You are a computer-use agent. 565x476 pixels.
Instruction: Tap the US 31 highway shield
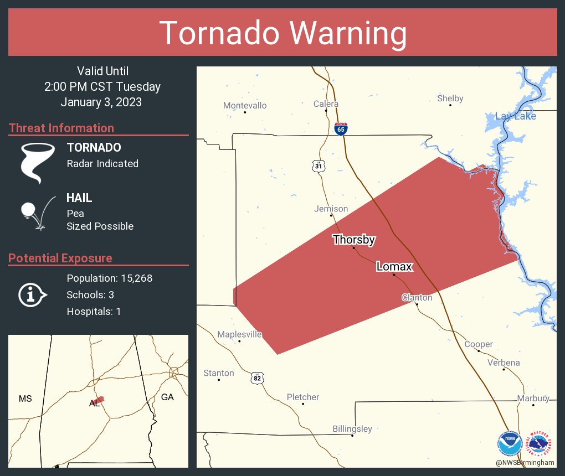[x=317, y=165]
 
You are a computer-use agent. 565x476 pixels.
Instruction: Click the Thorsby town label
[x=354, y=240]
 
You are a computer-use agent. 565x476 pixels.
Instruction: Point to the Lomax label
[x=394, y=267]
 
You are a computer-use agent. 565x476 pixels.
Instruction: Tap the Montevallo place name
[x=245, y=105]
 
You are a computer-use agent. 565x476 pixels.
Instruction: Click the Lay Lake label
[x=515, y=116]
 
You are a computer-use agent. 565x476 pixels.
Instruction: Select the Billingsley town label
[x=352, y=429]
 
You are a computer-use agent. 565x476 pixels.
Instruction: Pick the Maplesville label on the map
[x=239, y=334]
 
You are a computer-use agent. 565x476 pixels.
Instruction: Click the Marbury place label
[x=533, y=399]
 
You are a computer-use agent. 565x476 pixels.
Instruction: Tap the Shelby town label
[x=450, y=99]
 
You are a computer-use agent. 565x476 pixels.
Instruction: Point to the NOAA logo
[x=510, y=444]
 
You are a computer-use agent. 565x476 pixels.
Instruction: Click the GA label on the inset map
[x=167, y=397]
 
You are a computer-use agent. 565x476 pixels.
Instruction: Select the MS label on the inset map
[x=25, y=399]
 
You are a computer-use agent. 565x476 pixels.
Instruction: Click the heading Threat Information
[x=61, y=128]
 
